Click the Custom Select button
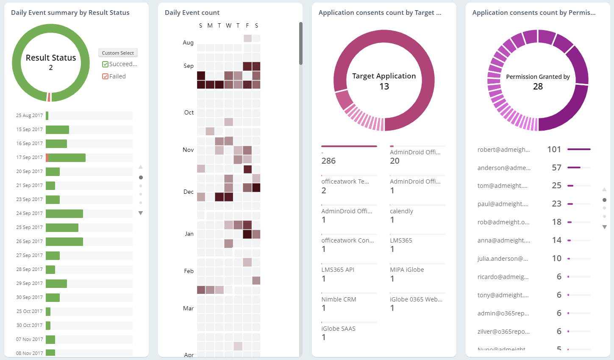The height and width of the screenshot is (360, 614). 118,53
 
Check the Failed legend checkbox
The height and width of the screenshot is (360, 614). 106,76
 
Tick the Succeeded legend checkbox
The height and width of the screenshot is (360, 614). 106,64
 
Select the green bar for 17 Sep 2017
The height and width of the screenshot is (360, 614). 67,158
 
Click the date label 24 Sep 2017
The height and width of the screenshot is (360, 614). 29,213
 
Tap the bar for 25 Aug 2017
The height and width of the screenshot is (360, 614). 47,116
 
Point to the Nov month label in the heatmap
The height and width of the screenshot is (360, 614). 188,150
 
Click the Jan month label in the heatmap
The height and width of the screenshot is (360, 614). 189,234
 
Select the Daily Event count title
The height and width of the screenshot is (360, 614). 192,13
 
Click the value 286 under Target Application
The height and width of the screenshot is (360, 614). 328,161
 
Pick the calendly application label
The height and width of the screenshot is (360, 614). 401,211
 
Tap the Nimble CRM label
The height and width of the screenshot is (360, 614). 339,299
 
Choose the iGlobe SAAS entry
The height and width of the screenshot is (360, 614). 338,329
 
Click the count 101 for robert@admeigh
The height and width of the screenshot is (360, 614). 554,149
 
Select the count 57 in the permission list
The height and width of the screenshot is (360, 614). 556,167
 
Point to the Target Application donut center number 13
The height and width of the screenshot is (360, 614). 384,87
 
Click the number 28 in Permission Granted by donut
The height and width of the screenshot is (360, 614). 538,87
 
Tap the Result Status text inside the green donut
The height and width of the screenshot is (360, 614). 51,58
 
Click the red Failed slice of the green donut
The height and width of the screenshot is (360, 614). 49,97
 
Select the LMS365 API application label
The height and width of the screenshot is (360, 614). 338,270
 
